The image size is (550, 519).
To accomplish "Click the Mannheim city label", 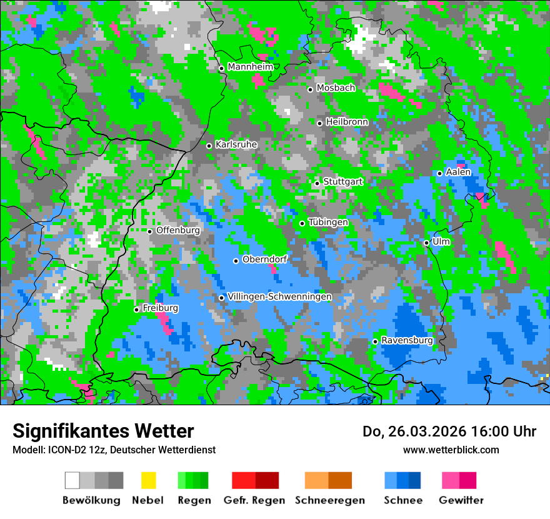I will [251, 67].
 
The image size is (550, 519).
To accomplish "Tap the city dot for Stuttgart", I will [317, 183].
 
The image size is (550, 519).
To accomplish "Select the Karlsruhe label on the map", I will [236, 144].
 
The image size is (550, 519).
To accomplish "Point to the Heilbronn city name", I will [347, 122].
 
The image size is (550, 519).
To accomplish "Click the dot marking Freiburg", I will [137, 310].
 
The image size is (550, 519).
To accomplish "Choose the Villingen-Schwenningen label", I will [279, 296].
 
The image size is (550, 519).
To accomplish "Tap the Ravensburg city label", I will [407, 341].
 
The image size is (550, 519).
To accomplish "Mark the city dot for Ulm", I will [426, 243].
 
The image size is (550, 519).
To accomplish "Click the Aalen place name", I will [458, 172].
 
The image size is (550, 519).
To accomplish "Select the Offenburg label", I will [178, 230].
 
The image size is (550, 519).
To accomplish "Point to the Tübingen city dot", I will [302, 223].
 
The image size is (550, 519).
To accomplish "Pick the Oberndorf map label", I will [264, 259].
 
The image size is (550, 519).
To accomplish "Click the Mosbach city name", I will [336, 88].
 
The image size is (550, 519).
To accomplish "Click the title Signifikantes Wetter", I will [104, 431].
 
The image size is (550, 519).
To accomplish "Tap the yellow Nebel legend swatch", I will [148, 480].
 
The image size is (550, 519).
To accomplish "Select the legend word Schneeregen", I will [330, 500].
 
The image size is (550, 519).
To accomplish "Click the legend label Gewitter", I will [461, 500].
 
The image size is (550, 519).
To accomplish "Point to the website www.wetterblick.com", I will [451, 450].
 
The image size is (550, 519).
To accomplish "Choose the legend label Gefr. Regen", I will [254, 500].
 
